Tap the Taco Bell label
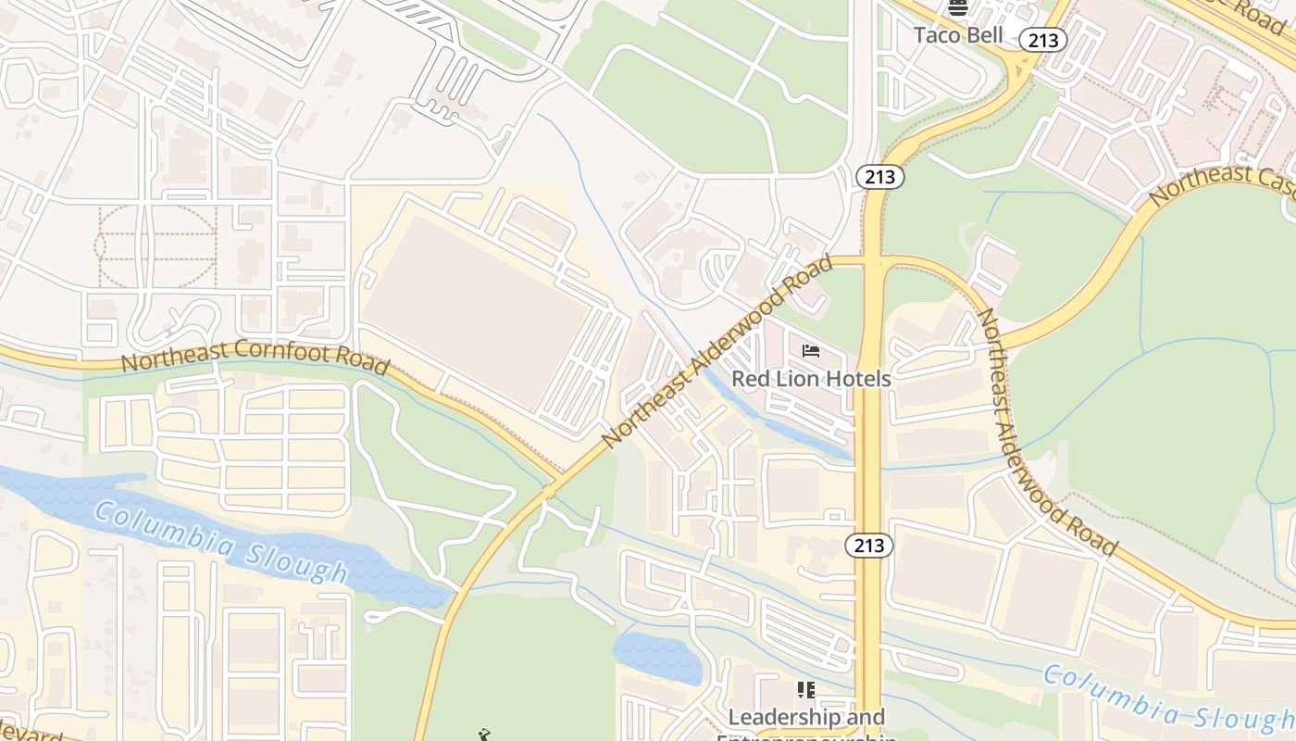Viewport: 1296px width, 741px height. point(958,35)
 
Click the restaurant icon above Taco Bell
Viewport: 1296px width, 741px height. point(958,9)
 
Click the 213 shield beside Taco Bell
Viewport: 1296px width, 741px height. point(1043,39)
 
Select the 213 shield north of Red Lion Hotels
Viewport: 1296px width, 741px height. point(879,176)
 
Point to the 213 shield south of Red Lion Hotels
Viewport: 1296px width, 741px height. point(869,546)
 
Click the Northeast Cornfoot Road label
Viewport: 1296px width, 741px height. point(255,357)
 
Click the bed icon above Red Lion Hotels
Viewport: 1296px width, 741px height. point(811,351)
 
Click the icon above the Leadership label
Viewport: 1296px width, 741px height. point(806,690)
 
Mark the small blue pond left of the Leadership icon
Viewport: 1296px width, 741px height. point(657,656)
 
